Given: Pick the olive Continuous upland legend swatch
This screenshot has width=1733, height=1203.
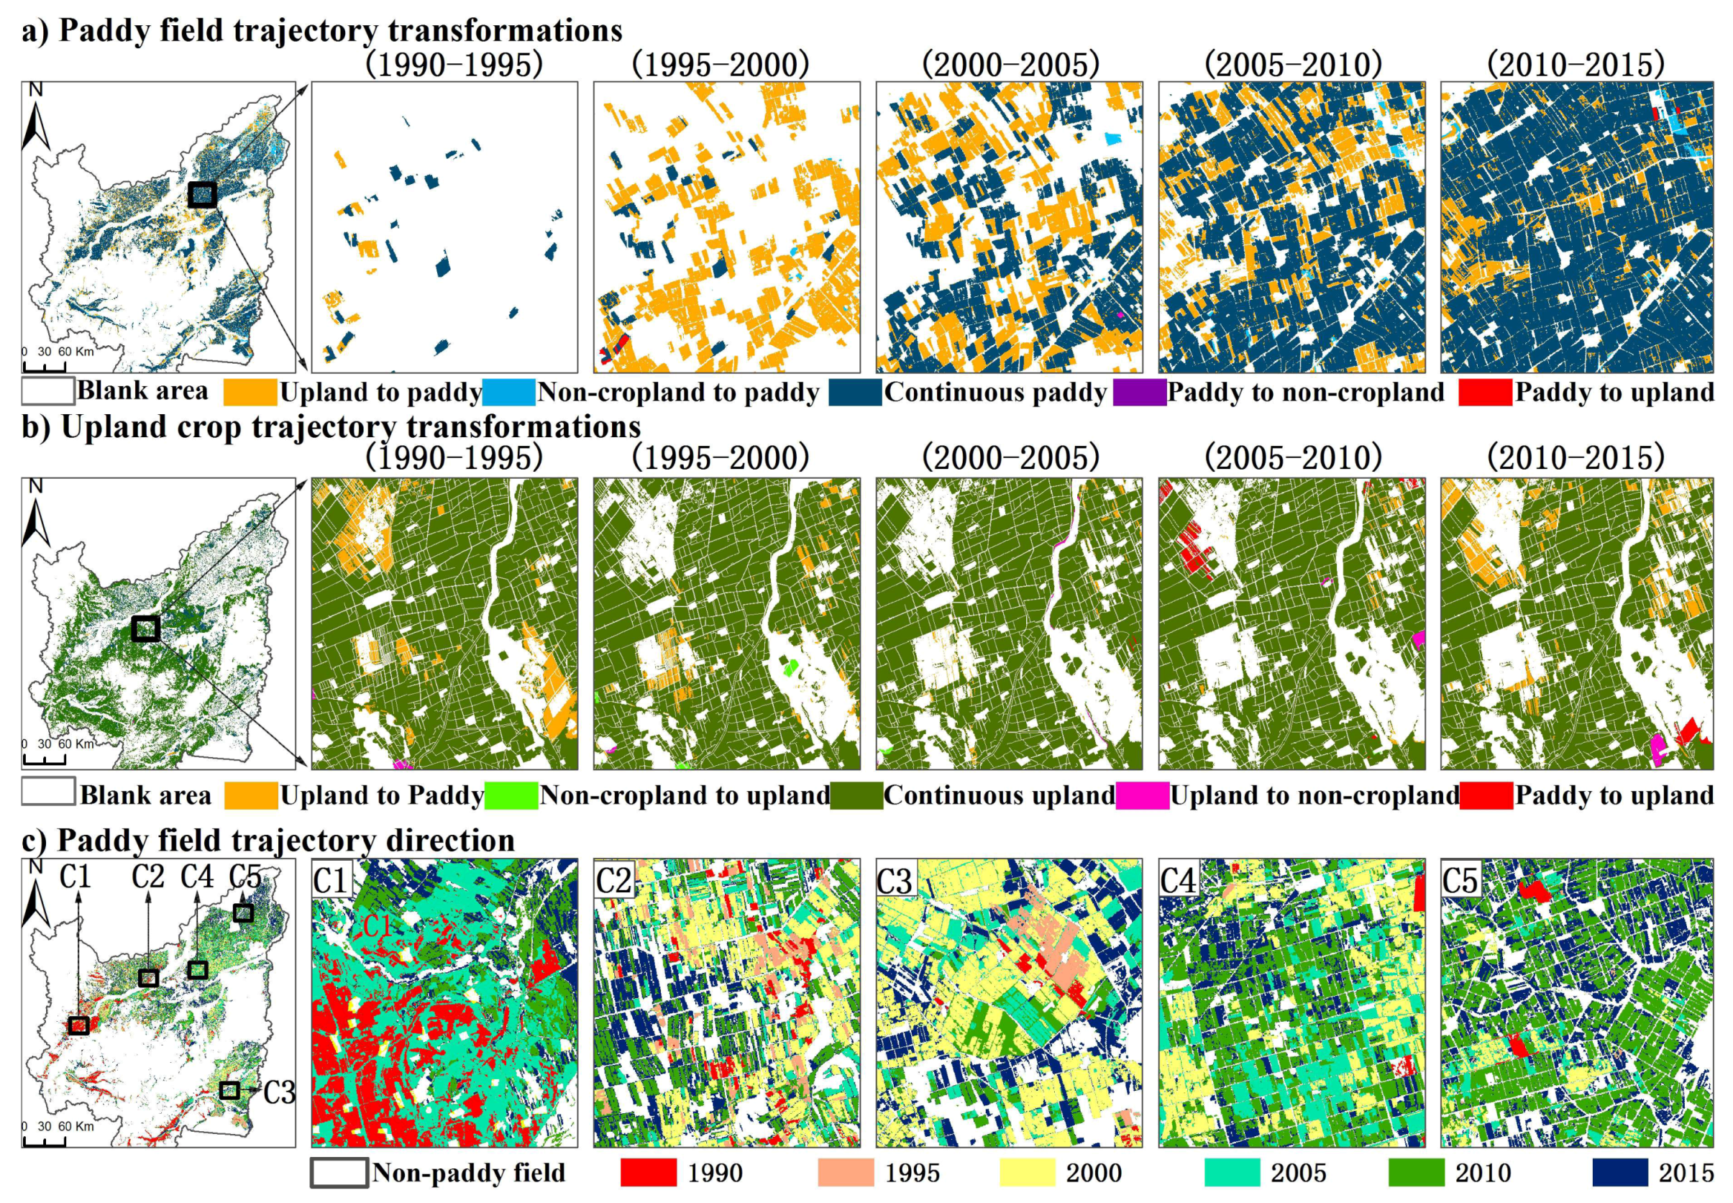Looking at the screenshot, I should pos(856,796).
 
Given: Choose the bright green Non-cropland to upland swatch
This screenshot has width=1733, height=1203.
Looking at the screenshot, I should pos(511,796).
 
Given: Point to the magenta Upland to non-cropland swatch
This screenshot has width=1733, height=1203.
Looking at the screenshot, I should pos(1142,796).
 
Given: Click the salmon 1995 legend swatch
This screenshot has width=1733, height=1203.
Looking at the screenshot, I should pos(845,1173).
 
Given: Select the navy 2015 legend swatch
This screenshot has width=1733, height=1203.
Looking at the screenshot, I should pos(1620,1173).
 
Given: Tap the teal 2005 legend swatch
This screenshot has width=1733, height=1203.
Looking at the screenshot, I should pos(1232,1173).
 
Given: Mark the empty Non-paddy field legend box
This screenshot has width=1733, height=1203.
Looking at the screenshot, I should pos(339,1173).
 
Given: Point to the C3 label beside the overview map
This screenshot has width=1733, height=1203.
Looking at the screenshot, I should pos(279,1092).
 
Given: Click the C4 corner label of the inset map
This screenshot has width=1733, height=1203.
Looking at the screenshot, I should pos(1177,880).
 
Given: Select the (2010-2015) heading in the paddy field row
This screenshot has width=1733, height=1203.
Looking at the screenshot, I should pos(1576,65).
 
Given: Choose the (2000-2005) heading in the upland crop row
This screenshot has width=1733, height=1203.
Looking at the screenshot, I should pos(1010,457).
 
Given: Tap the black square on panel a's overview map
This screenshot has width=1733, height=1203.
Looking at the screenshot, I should pos(202,194).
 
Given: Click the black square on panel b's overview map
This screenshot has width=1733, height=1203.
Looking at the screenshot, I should pos(145,628).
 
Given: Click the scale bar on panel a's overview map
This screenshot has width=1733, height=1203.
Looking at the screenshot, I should pos(45,367).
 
